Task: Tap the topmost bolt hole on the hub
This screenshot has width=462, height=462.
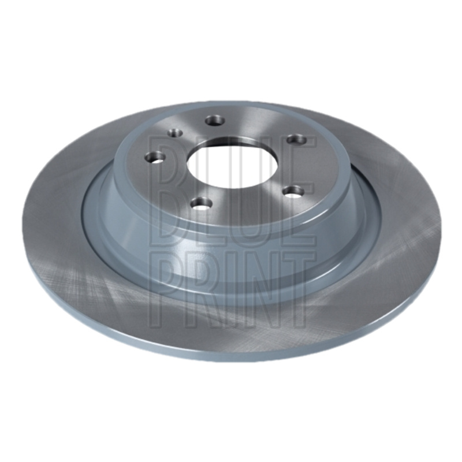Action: pos(215,121)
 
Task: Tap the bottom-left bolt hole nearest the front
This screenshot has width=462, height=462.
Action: pos(202,204)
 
